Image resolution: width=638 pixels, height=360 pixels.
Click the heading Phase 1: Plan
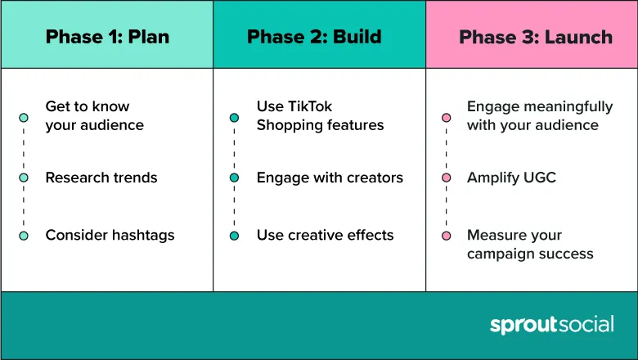(x=107, y=37)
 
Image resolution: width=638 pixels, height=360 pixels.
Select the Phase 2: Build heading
(x=314, y=37)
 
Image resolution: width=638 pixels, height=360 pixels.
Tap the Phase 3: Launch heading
(x=536, y=37)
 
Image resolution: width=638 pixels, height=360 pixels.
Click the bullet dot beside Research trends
(x=24, y=178)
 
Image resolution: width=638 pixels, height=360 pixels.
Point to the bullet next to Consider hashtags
(x=24, y=236)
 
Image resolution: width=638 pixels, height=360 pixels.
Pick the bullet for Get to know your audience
(x=24, y=118)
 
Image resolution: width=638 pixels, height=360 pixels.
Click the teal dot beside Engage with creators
(x=235, y=178)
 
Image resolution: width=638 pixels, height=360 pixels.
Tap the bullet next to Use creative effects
(x=235, y=236)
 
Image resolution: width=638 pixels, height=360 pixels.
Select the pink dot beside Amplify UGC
(x=447, y=178)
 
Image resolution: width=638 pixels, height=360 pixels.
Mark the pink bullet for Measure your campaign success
(x=447, y=236)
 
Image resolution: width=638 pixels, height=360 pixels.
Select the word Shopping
(x=282, y=126)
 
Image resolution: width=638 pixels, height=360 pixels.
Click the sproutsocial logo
(x=552, y=325)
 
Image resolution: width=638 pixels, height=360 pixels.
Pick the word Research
(x=72, y=178)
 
